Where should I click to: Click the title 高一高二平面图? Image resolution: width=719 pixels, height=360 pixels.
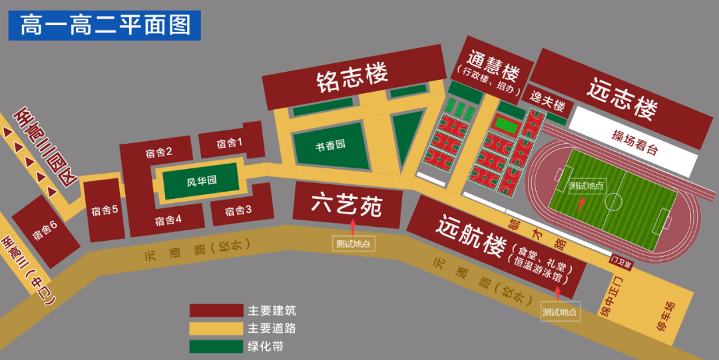[105, 25]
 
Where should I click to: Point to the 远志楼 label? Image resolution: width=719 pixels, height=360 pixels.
[622, 99]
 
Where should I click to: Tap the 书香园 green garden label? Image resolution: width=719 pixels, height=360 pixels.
[331, 145]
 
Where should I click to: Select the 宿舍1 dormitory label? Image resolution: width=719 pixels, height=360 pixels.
[230, 143]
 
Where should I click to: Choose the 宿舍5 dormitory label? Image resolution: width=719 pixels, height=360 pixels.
[105, 211]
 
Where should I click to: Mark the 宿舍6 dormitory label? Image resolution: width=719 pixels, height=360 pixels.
[45, 232]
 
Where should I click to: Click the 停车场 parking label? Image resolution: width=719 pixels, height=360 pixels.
[666, 317]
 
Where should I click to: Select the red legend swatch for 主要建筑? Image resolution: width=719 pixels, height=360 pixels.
[216, 311]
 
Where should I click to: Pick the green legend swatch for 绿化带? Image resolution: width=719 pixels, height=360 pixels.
[216, 346]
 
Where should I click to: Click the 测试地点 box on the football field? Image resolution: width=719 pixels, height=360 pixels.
[587, 186]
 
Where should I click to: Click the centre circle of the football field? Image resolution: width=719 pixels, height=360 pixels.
[614, 201]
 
